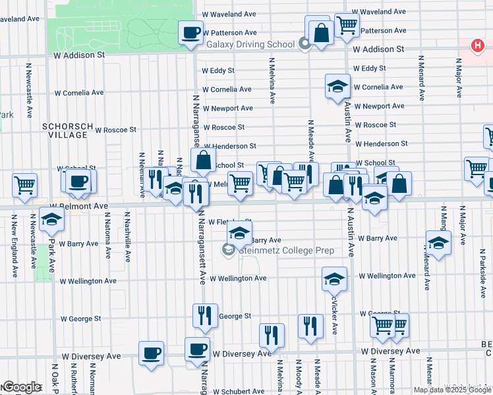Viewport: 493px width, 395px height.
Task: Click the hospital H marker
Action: click(x=477, y=45)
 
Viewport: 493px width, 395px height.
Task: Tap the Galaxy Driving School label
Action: click(x=250, y=45)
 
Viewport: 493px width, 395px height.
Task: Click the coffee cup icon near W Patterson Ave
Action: click(x=191, y=32)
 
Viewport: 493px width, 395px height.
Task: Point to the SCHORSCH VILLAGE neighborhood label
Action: click(x=64, y=130)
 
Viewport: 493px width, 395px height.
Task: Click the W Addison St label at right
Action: click(x=378, y=49)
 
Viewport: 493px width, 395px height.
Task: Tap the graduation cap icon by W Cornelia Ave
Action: click(x=337, y=86)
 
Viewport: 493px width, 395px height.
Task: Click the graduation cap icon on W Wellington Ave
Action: click(x=334, y=279)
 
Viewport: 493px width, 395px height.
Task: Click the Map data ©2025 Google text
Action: click(x=453, y=390)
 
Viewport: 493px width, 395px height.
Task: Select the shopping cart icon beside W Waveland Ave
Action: click(x=346, y=26)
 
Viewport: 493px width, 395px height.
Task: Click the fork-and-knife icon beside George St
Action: click(x=205, y=316)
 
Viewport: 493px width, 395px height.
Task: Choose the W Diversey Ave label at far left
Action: click(x=92, y=355)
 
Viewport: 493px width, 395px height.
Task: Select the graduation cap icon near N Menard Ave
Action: click(x=438, y=243)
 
